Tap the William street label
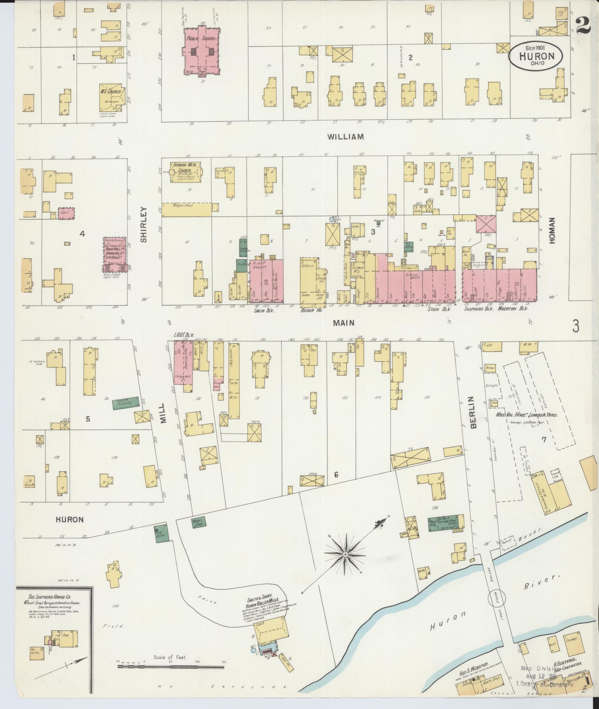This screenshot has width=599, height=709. (x=346, y=137)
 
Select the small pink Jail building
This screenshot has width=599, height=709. (x=67, y=213)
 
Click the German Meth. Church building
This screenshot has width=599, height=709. (x=185, y=171)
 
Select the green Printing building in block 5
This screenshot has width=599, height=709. (x=125, y=404)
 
